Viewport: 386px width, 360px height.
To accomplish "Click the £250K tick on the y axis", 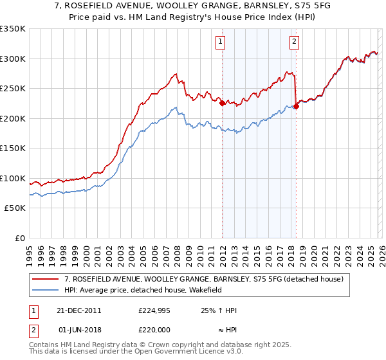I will [13, 89].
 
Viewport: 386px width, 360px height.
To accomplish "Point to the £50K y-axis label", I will [15, 208].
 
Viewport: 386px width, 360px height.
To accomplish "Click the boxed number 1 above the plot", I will [221, 42].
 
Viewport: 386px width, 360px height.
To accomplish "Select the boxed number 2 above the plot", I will [294, 42].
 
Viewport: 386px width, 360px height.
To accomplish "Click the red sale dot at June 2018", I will [296, 106].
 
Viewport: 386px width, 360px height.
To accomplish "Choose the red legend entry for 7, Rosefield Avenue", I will [204, 280].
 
